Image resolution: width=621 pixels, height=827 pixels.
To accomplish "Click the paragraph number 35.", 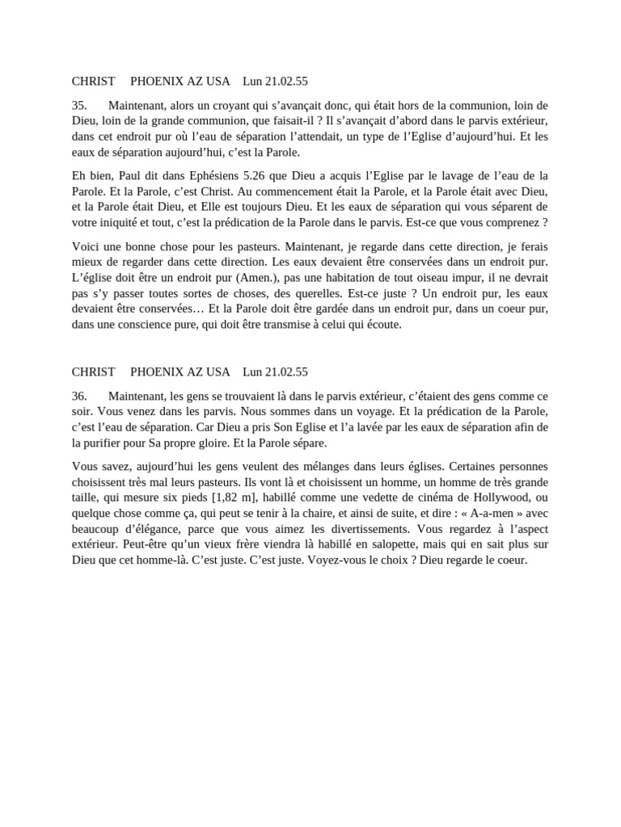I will (79, 106).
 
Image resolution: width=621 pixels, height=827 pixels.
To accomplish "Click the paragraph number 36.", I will (79, 397).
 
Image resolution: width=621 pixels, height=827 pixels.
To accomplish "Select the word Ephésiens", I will (206, 176).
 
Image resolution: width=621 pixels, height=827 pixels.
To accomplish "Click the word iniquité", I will (126, 222).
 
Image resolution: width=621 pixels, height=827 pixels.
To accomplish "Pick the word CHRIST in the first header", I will (93, 82).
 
